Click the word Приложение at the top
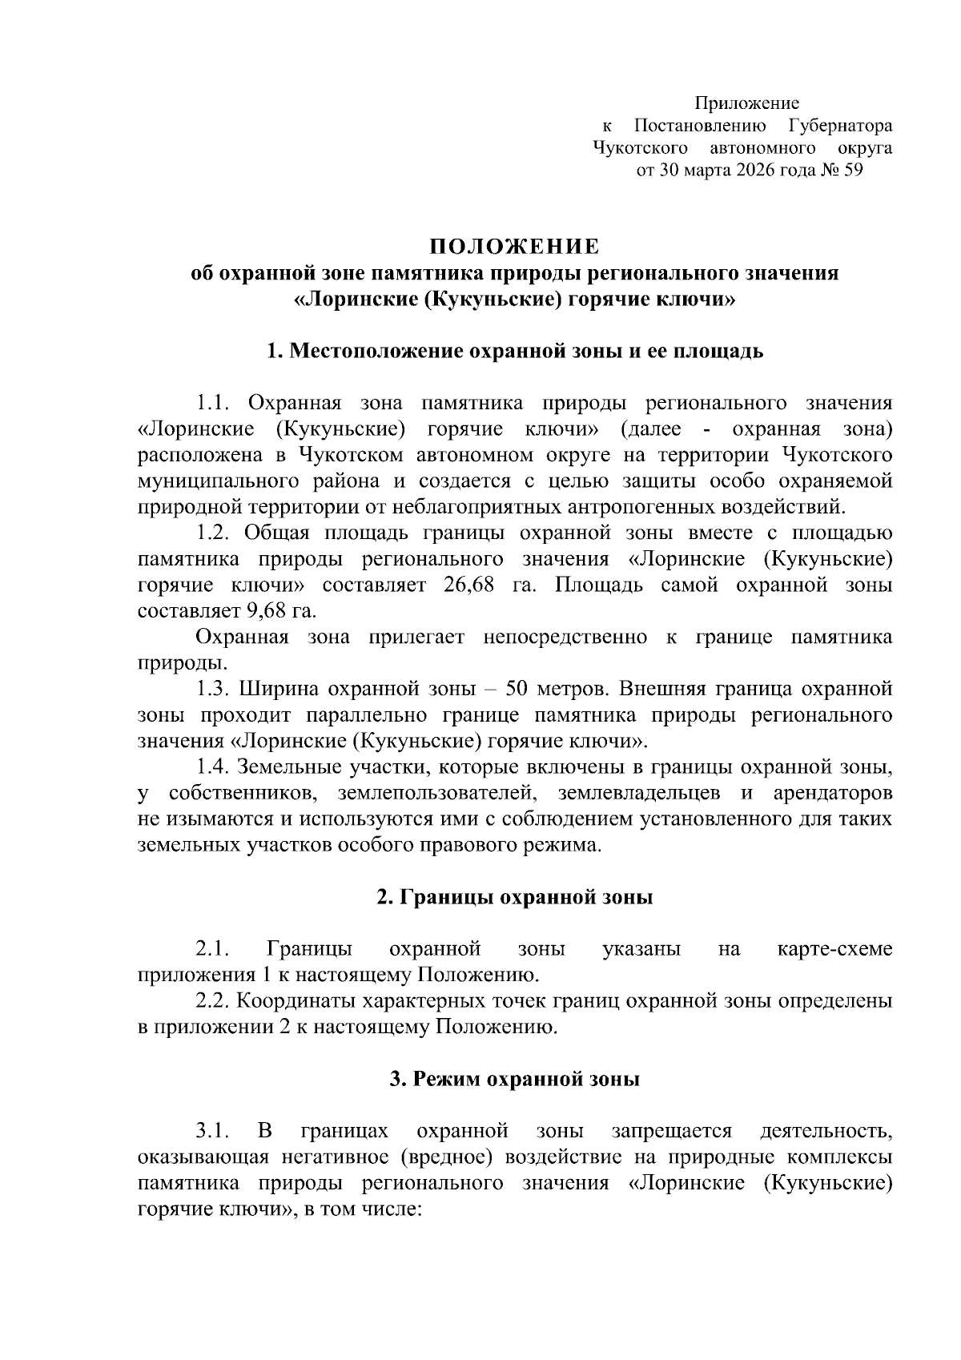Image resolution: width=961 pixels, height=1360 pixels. point(746,103)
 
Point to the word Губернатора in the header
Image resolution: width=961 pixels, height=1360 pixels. point(840,126)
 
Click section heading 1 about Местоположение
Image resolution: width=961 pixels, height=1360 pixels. point(514,351)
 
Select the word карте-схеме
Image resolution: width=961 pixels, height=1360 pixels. point(834,949)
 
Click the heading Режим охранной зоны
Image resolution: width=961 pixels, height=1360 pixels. point(514,1079)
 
